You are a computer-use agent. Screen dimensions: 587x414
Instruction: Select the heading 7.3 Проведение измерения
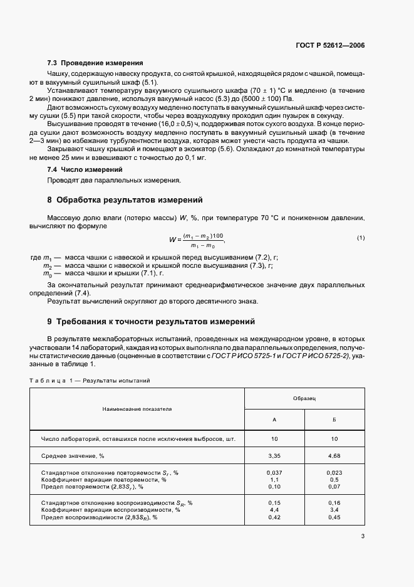(x=95, y=63)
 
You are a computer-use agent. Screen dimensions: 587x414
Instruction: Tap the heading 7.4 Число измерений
(x=85, y=170)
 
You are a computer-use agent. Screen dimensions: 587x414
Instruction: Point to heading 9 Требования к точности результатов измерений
(x=152, y=322)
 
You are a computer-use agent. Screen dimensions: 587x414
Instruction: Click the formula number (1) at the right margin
(x=361, y=238)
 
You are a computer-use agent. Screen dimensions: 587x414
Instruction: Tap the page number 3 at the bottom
(x=363, y=536)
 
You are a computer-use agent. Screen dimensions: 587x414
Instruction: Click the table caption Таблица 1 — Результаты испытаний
(x=90, y=380)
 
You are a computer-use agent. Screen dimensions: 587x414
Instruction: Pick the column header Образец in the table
(x=304, y=399)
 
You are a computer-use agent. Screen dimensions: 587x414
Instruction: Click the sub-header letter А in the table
(x=274, y=420)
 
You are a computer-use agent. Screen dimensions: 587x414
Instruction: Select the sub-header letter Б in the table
(x=334, y=420)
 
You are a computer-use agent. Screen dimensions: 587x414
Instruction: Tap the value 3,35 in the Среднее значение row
(x=274, y=456)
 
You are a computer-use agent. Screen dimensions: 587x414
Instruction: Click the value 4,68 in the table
(x=334, y=456)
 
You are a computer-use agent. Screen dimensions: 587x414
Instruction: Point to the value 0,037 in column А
(x=274, y=472)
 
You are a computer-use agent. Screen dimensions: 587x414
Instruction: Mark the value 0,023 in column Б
(x=334, y=472)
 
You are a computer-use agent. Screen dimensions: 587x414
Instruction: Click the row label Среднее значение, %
(x=73, y=456)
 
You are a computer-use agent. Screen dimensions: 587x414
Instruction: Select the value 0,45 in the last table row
(x=334, y=517)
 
